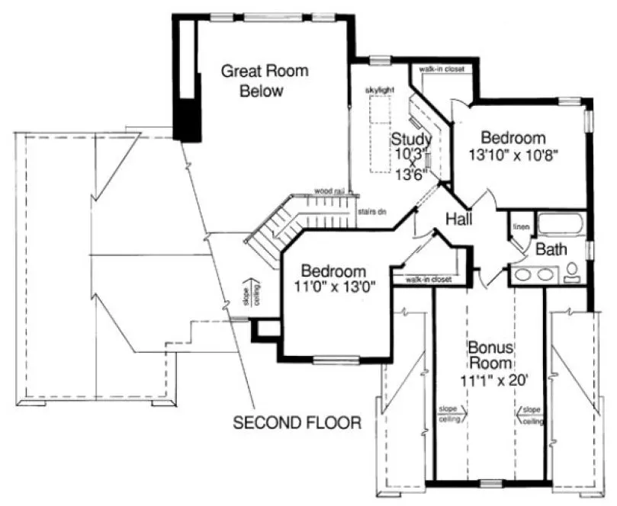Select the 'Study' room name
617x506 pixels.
pos(412,139)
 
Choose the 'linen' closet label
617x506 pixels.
pos(521,226)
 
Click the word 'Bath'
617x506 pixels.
pos(549,249)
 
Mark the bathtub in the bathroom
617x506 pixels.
pos(561,226)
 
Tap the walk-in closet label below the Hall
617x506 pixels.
pos(429,280)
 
